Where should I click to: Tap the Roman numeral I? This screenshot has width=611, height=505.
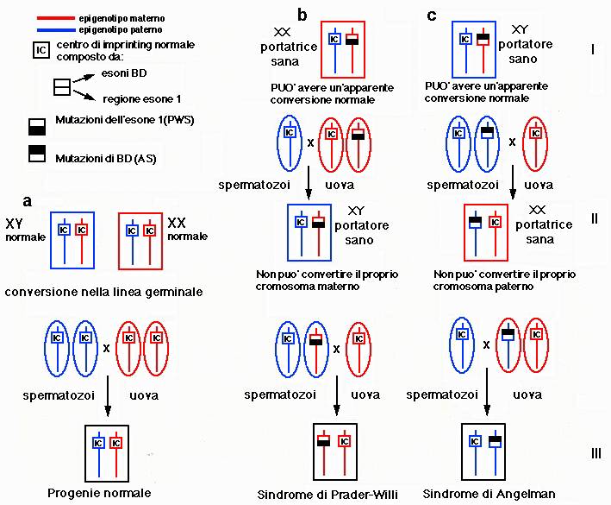point(593,49)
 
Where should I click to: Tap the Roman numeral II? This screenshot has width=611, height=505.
point(594,219)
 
